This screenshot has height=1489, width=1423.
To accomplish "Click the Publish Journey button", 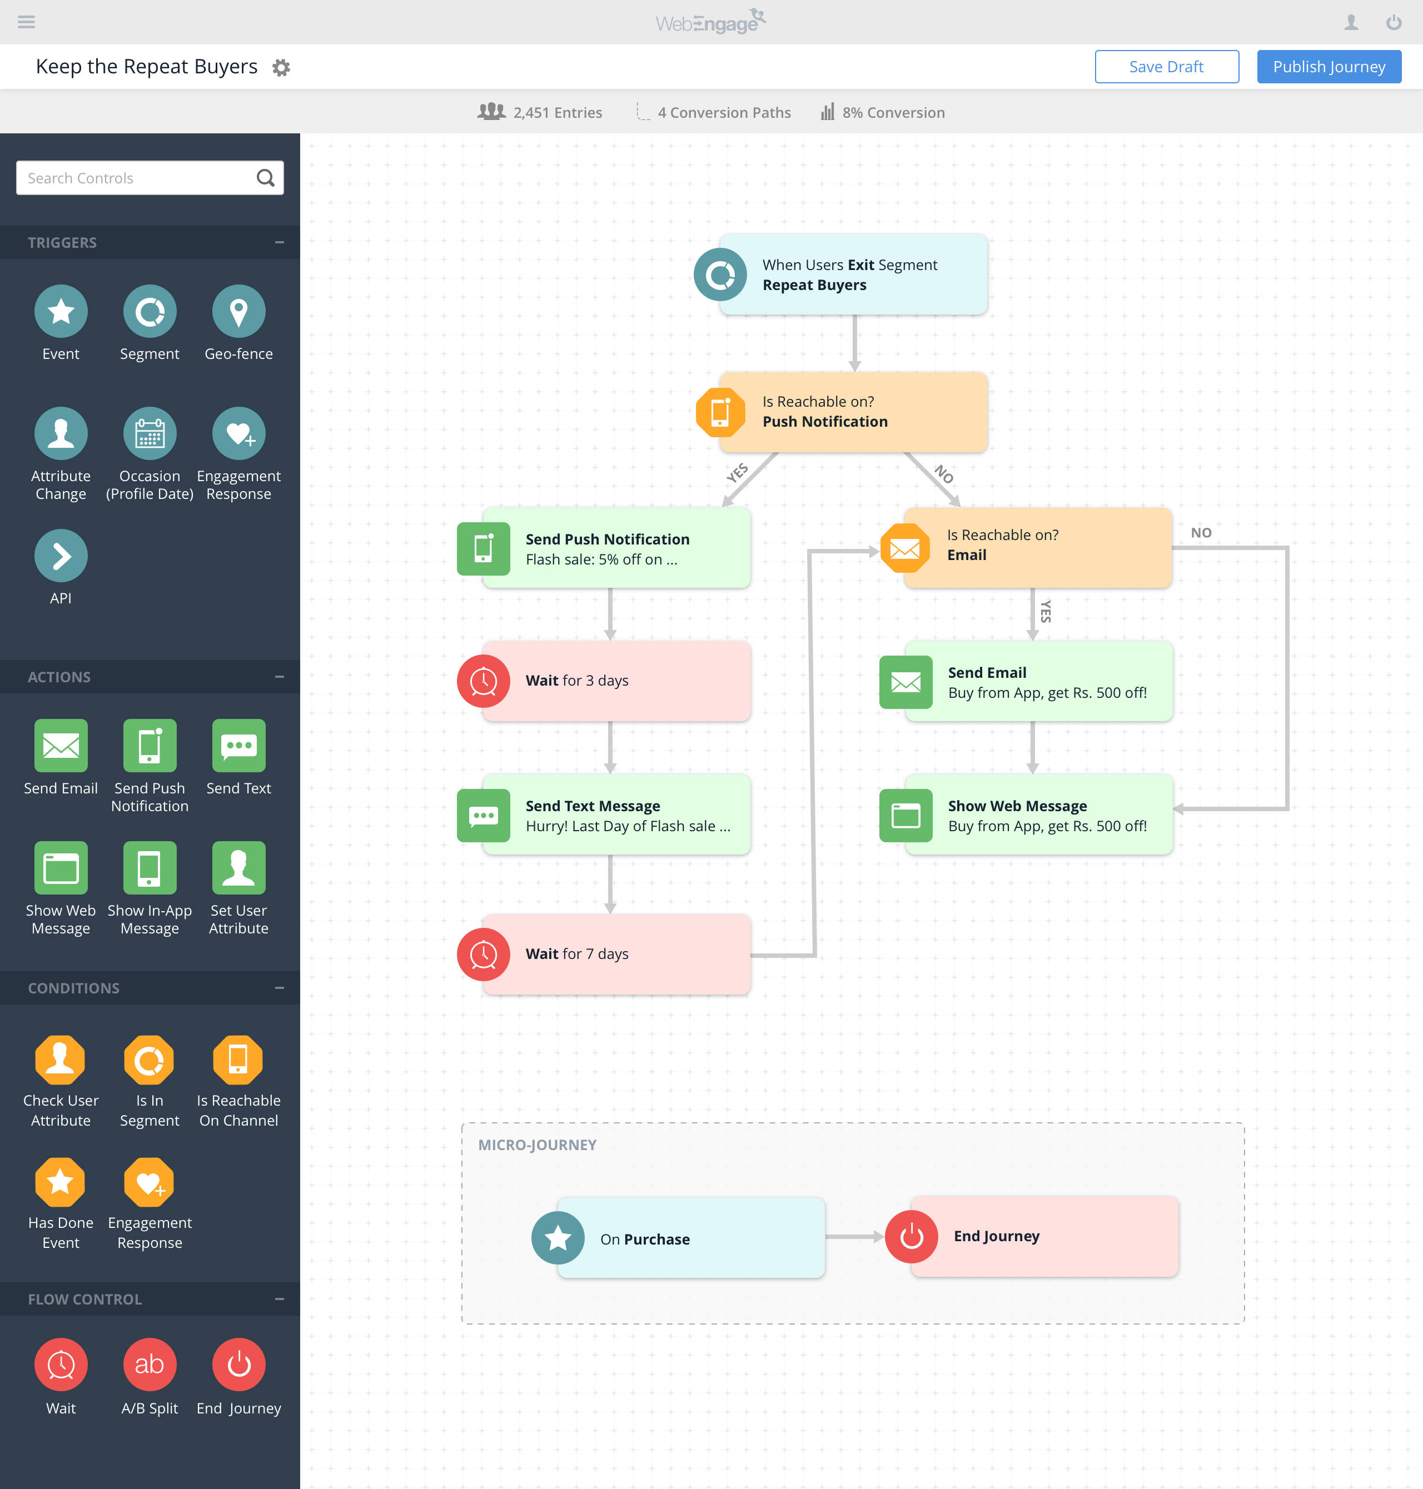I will click(x=1328, y=67).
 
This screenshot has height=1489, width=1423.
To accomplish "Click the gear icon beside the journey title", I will click(x=281, y=67).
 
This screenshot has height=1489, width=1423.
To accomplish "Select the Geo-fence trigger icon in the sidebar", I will click(x=238, y=311).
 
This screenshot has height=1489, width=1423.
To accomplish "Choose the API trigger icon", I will click(x=61, y=556).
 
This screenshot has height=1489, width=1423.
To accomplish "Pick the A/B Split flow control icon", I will click(x=150, y=1364).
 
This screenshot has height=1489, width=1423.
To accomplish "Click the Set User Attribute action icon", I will click(x=238, y=867).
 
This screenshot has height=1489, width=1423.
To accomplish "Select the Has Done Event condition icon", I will click(x=61, y=1182).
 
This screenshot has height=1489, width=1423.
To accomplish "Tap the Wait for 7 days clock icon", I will click(x=483, y=954).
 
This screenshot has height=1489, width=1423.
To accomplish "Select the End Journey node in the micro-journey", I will click(x=1044, y=1236).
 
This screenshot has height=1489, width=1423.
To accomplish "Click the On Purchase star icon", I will click(x=558, y=1238).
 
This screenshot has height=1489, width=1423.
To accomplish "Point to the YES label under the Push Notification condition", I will click(x=737, y=472).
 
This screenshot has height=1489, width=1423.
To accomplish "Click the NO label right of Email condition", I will click(x=1201, y=532).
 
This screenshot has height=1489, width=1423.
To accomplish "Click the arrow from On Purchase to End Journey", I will click(x=853, y=1237).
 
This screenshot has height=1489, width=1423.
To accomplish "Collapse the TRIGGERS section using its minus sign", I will click(x=279, y=243).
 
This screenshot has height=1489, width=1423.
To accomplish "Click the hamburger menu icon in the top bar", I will click(x=27, y=22).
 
